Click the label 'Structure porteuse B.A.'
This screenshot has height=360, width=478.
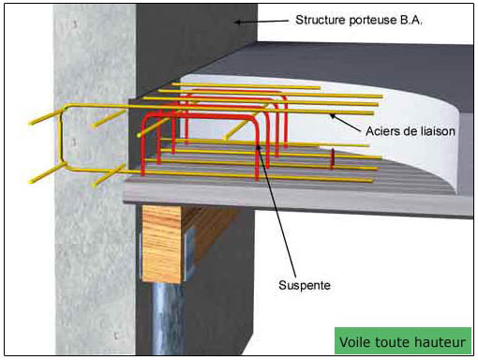[x=359, y=21]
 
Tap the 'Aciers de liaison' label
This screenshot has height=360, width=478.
[x=411, y=131]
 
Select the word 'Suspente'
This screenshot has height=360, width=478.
[x=305, y=285]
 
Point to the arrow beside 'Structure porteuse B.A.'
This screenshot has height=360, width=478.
[x=261, y=22]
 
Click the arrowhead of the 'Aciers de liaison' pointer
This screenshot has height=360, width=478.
[x=333, y=116]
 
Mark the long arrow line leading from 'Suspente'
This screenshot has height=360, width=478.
[x=276, y=211]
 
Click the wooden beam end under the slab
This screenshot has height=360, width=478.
[x=161, y=244]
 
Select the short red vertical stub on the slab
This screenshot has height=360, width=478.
[x=332, y=158]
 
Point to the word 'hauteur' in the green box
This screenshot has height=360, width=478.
[x=440, y=342]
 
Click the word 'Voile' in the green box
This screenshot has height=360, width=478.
[x=354, y=342]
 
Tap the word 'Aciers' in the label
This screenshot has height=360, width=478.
[x=382, y=131]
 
